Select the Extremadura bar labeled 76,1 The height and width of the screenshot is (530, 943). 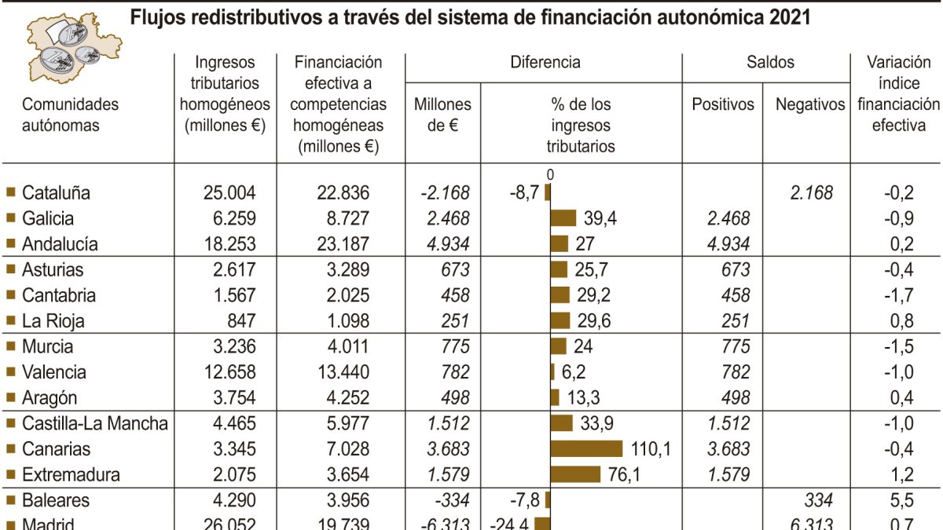[575, 475]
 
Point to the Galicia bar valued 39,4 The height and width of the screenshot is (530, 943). [563, 218]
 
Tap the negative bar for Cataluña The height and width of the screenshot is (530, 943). [548, 192]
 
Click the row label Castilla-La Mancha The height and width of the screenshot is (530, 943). [94, 424]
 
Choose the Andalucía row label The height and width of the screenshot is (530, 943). [60, 244]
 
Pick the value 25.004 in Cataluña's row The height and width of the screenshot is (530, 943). [226, 193]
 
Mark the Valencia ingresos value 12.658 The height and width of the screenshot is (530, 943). [226, 372]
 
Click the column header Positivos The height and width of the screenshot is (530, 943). [722, 104]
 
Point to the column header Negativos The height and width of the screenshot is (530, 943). [809, 104]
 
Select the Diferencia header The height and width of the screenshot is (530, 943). [545, 63]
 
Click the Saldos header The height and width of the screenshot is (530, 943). [769, 63]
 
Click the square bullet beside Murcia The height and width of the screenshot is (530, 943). [10, 346]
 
